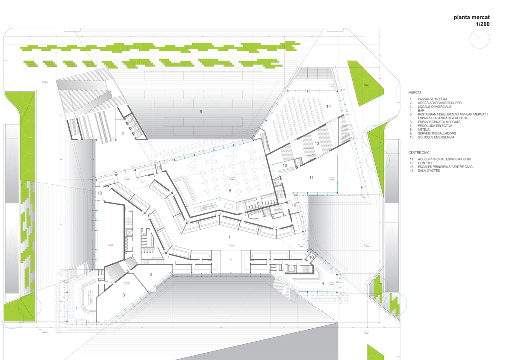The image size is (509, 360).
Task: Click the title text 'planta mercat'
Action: [471, 18]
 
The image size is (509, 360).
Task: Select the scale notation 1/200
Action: [483, 25]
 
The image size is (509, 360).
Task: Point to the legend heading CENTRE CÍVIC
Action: [421, 152]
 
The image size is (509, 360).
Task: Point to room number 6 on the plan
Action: [200, 112]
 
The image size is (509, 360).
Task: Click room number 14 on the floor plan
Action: [328, 106]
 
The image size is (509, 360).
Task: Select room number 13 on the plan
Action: [317, 143]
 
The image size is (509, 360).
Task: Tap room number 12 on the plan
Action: [285, 165]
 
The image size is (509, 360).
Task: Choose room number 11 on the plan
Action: [311, 177]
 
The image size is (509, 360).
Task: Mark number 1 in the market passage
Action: [229, 236]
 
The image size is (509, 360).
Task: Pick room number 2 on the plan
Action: [123, 134]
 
